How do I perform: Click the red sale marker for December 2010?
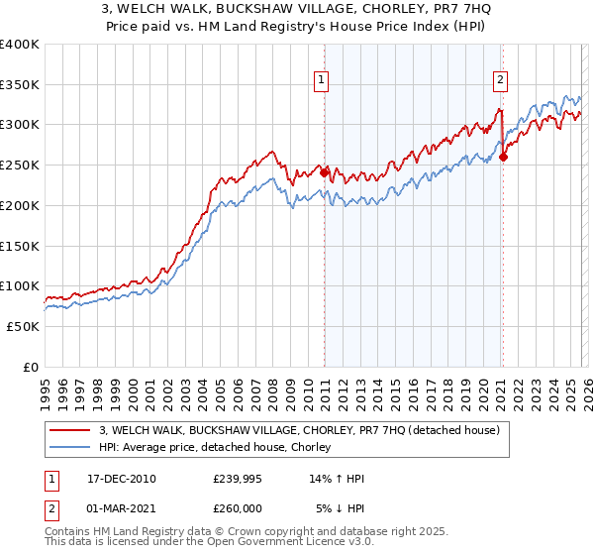click(324, 172)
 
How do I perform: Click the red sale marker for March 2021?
click(503, 157)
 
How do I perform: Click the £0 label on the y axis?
click(30, 367)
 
